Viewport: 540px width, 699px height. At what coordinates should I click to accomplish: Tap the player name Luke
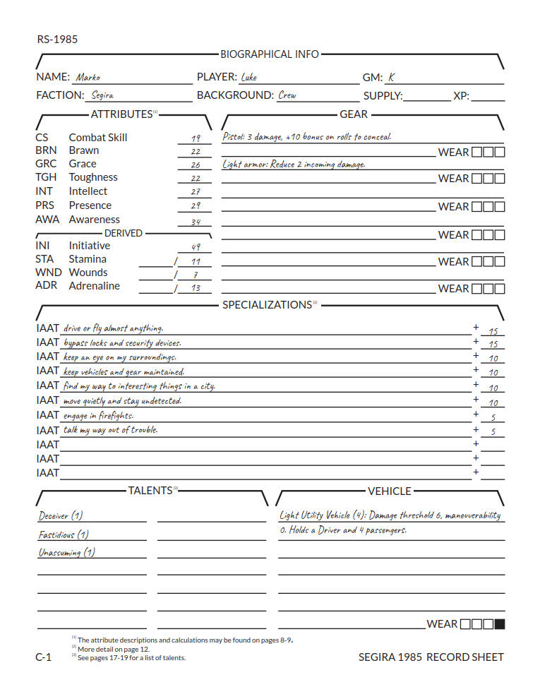pyautogui.click(x=248, y=77)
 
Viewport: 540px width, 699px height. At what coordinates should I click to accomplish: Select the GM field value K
pyautogui.click(x=391, y=77)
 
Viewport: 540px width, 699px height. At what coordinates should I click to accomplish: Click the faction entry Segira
pyautogui.click(x=102, y=95)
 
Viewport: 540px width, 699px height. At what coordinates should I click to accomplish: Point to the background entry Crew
pyautogui.click(x=287, y=95)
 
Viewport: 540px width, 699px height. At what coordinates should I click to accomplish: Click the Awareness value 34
pyautogui.click(x=196, y=222)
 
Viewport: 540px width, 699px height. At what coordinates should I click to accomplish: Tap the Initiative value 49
pyautogui.click(x=196, y=247)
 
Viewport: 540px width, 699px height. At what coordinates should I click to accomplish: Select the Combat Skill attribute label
pyautogui.click(x=98, y=137)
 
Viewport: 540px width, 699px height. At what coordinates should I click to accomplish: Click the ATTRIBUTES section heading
pyautogui.click(x=121, y=114)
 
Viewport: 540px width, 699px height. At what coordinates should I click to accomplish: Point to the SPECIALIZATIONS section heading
pyautogui.click(x=267, y=304)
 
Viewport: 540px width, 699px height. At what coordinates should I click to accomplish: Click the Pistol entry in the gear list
pyautogui.click(x=306, y=137)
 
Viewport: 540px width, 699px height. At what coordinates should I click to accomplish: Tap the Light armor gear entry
pyautogui.click(x=294, y=165)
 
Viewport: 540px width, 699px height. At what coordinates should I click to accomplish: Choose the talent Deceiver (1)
pyautogui.click(x=60, y=515)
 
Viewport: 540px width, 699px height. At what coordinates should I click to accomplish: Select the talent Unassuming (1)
pyautogui.click(x=66, y=553)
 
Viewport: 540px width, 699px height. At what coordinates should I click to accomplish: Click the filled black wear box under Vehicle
pyautogui.click(x=500, y=623)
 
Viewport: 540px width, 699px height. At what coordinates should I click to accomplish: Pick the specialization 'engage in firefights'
pyautogui.click(x=97, y=415)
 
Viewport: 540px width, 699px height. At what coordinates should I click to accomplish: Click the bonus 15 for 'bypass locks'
pyautogui.click(x=493, y=345)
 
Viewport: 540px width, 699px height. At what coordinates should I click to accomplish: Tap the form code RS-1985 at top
pyautogui.click(x=57, y=39)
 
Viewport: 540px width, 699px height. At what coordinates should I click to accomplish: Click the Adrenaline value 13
pyautogui.click(x=196, y=288)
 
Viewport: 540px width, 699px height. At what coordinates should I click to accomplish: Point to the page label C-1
pyautogui.click(x=43, y=657)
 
